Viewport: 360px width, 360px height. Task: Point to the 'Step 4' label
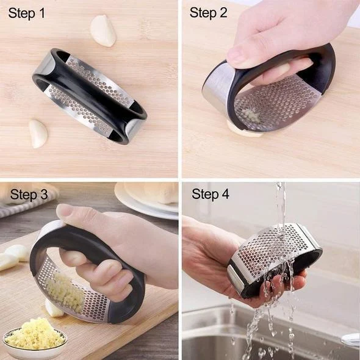tap(211, 195)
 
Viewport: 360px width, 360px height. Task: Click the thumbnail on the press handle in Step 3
tap(66, 212)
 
